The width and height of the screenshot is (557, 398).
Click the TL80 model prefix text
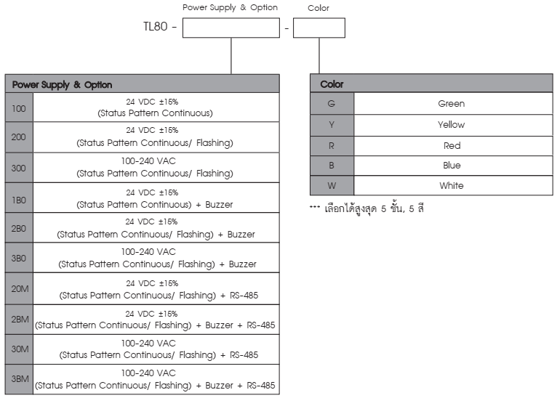click(x=155, y=27)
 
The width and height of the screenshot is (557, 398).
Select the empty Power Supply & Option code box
click(x=231, y=28)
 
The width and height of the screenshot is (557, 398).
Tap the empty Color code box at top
click(x=319, y=28)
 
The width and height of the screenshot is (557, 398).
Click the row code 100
click(x=19, y=108)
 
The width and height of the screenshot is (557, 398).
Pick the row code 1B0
click(x=19, y=200)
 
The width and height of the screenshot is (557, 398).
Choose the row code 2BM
click(x=20, y=320)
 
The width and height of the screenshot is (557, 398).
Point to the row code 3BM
click(x=20, y=379)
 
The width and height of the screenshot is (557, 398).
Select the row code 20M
click(x=20, y=289)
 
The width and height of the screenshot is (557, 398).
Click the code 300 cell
click(x=19, y=168)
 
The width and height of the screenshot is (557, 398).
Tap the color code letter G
click(x=332, y=104)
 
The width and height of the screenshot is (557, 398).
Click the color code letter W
click(x=332, y=185)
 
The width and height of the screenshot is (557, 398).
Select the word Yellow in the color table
click(x=451, y=124)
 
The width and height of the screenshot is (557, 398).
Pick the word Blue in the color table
click(x=452, y=166)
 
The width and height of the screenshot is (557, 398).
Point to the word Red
click(x=452, y=145)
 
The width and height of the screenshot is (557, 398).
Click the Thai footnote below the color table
click(x=366, y=208)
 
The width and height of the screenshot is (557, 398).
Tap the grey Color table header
click(x=431, y=84)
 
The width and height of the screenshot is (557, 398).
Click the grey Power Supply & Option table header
click(x=142, y=84)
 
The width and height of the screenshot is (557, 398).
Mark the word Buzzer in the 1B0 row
click(x=219, y=204)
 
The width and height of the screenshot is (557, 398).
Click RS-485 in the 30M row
click(x=244, y=354)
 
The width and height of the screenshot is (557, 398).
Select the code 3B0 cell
click(x=19, y=258)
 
